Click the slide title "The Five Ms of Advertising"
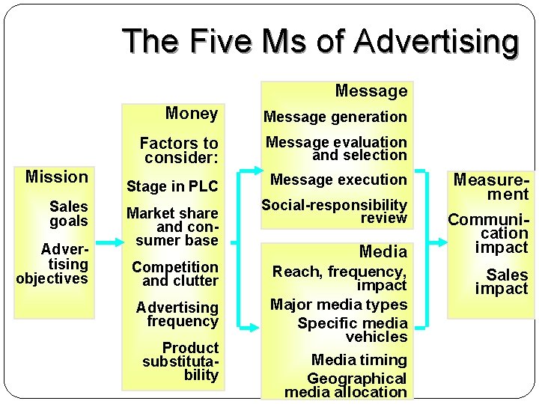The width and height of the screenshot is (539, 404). pyautogui.click(x=320, y=41)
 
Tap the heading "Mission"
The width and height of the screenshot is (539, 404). pyautogui.click(x=57, y=177)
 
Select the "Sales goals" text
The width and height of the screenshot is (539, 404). pyautogui.click(x=68, y=213)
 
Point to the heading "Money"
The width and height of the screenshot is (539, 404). pyautogui.click(x=191, y=114)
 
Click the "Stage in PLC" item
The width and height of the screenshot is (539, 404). pyautogui.click(x=172, y=186)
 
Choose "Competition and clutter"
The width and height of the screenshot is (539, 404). pyautogui.click(x=175, y=274)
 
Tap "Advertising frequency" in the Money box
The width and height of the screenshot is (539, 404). pyautogui.click(x=177, y=314)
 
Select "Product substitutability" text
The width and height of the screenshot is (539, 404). pyautogui.click(x=181, y=361)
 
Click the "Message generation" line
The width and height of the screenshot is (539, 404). pyautogui.click(x=335, y=117)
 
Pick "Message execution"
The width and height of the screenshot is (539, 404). pyautogui.click(x=338, y=180)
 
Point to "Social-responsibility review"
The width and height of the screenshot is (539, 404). pyautogui.click(x=335, y=211)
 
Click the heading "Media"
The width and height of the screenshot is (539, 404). pyautogui.click(x=383, y=251)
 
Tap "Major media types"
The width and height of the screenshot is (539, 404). pyautogui.click(x=338, y=304)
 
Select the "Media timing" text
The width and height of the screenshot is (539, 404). pyautogui.click(x=359, y=360)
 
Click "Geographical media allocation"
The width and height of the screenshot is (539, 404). pyautogui.click(x=346, y=385)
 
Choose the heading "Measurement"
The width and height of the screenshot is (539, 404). pyautogui.click(x=491, y=187)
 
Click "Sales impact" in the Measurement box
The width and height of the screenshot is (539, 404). pyautogui.click(x=502, y=281)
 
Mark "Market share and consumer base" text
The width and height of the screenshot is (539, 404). pyautogui.click(x=172, y=227)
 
